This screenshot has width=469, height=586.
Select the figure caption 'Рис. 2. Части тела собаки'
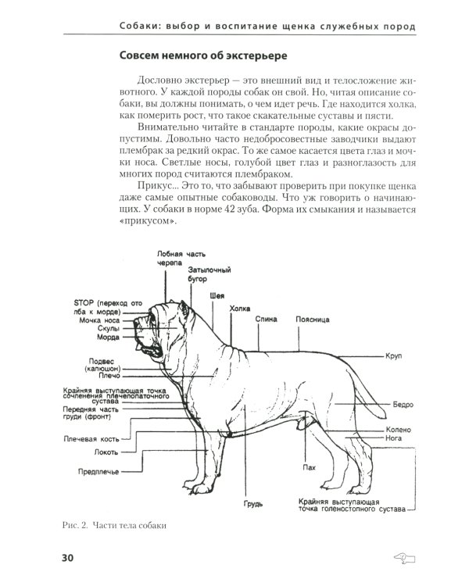(x=113, y=524)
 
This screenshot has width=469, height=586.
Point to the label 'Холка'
(x=239, y=309)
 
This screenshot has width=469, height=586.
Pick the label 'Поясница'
(x=313, y=320)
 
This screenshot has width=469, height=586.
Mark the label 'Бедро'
(x=403, y=406)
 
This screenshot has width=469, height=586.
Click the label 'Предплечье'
(x=98, y=472)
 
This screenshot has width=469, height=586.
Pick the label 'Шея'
(x=219, y=296)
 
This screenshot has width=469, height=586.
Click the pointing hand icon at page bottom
(x=406, y=558)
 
